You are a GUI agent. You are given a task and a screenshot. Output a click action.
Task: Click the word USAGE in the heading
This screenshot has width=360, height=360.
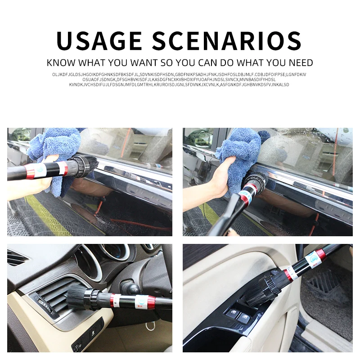pos(99,41)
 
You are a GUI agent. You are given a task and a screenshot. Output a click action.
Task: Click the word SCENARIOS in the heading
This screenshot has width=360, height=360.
pos(227,41)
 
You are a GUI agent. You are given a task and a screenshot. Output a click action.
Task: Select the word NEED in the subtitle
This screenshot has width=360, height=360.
pos(301,63)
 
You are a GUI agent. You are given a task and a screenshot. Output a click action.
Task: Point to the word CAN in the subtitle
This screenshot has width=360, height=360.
pos(207,63)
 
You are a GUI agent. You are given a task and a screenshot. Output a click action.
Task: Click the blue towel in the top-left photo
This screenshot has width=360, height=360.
pos(55,156)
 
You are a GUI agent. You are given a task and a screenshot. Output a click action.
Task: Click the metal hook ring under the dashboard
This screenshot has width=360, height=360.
pos(150,326)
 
